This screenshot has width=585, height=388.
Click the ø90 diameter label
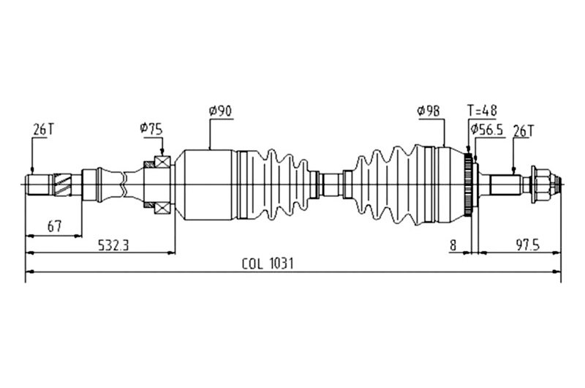pos(220,111)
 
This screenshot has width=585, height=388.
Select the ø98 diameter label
pos(429,111)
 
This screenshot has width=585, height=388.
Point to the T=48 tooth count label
pos(482,111)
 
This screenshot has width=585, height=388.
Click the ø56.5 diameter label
pos(488,130)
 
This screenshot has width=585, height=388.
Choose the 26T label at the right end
pos(524,130)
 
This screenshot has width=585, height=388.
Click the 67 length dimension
pos(53,226)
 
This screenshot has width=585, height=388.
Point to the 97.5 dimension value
pos(526,245)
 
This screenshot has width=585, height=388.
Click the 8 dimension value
pos(453,245)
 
